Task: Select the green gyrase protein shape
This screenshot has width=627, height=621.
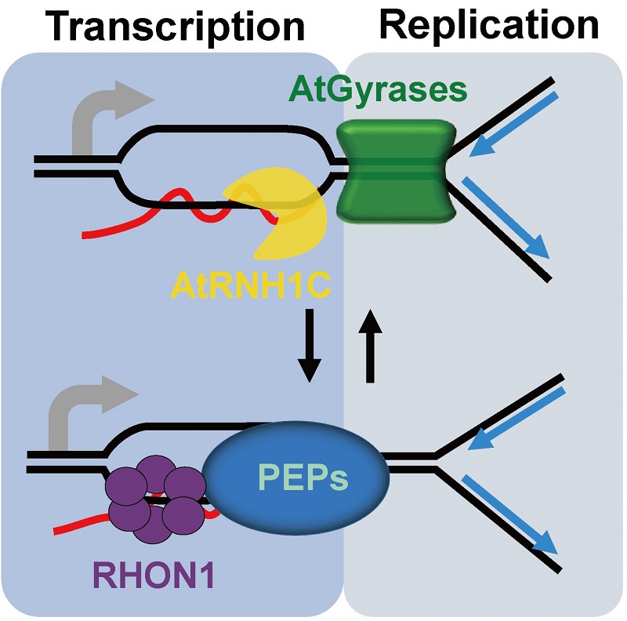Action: point(390,169)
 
